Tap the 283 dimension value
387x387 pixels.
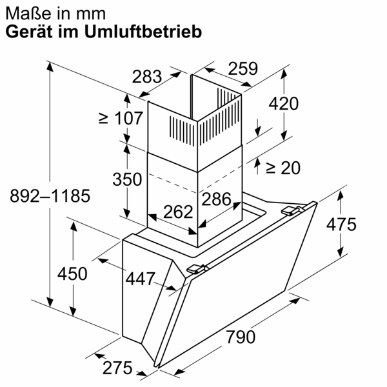[x=147, y=77]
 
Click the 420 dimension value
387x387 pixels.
[x=284, y=103]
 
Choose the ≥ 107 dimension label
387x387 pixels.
[x=120, y=119]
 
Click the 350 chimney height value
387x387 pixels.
[x=126, y=180]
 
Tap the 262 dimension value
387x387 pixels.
[x=177, y=212]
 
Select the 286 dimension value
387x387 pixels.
[x=217, y=199]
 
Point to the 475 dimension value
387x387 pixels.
[x=340, y=224]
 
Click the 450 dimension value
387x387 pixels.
[x=72, y=273]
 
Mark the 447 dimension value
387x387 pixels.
[x=141, y=279]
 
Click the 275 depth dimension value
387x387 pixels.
[x=117, y=368]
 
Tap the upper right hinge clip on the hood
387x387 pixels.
[x=293, y=210]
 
